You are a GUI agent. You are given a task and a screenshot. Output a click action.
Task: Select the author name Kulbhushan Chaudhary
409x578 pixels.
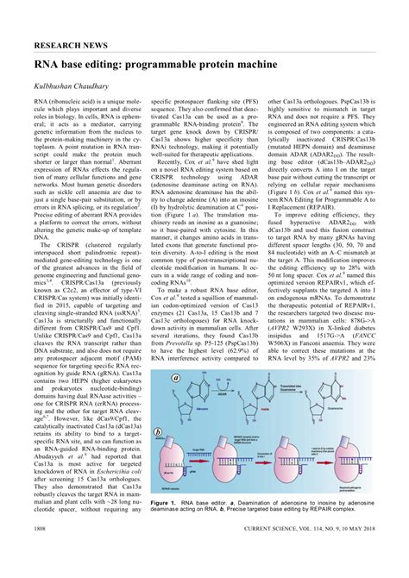click(83, 89)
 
